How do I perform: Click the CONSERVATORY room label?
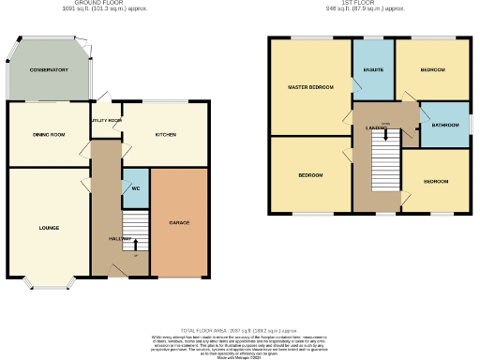[49, 70]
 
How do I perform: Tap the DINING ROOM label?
[49, 135]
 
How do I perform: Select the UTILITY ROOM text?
[106, 121]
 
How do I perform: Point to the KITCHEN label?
[165, 135]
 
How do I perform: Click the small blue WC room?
[136, 187]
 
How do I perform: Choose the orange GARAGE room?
[181, 222]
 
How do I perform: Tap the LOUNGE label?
[49, 227]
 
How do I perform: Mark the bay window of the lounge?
[49, 283]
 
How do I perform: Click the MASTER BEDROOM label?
[309, 87]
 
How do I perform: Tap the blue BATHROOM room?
[444, 126]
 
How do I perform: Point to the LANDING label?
[378, 127]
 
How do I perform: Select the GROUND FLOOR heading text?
[118, 4]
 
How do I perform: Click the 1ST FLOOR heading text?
[364, 4]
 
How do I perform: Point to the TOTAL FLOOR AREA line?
[240, 331]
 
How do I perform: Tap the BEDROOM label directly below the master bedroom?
[310, 175]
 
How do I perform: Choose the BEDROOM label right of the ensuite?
[432, 70]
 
